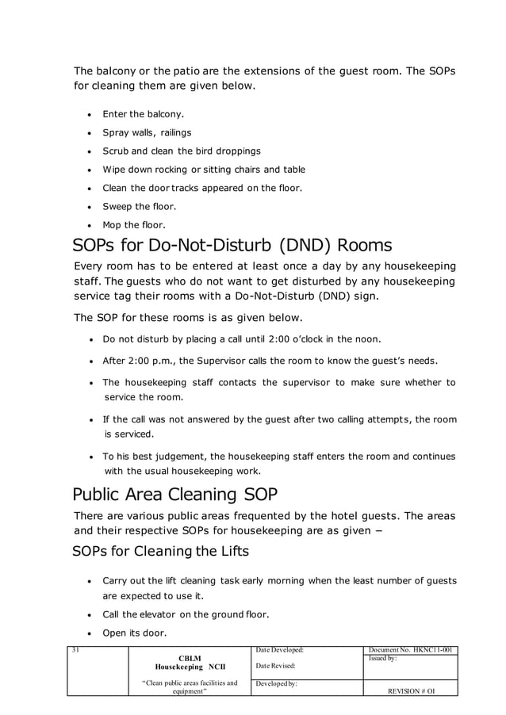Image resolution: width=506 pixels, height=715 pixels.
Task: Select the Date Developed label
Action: (279, 651)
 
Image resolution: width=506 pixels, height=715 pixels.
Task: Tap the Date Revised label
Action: (275, 666)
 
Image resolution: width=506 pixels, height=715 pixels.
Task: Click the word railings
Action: (173, 132)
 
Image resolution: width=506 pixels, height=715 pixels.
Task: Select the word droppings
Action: (235, 151)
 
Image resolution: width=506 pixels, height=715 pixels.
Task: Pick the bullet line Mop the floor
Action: (134, 224)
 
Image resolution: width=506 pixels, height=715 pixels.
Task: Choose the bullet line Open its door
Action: (132, 633)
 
